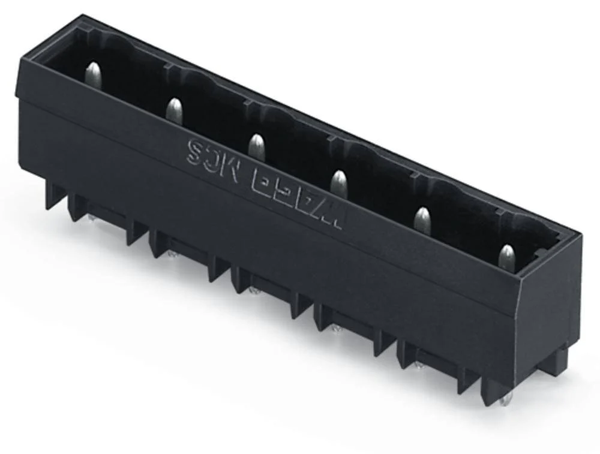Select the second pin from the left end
(x=173, y=110)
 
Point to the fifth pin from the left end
(x=422, y=219)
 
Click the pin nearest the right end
(x=507, y=256)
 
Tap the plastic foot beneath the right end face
(x=555, y=360)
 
